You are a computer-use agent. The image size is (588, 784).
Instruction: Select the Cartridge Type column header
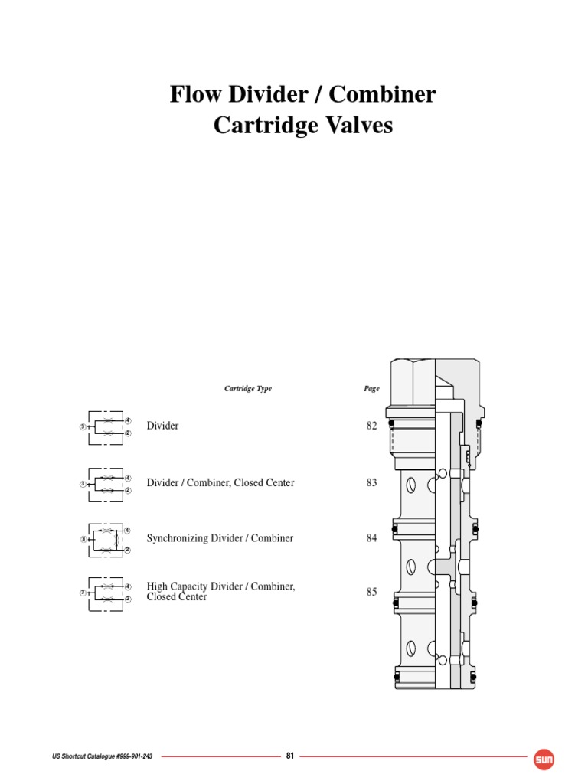247,389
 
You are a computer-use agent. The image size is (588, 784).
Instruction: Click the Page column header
371,389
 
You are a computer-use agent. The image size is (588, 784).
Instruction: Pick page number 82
372,426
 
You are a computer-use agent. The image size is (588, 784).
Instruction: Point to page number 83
372,483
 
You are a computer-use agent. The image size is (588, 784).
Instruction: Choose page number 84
372,538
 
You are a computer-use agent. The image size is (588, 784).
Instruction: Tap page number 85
372,591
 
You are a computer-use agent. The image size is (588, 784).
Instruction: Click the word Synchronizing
177,538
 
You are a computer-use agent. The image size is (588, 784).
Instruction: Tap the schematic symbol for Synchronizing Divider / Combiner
106,540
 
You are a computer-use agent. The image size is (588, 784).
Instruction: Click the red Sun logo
544,759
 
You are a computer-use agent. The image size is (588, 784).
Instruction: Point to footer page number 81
290,756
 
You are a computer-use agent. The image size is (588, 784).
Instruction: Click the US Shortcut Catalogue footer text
97,756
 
